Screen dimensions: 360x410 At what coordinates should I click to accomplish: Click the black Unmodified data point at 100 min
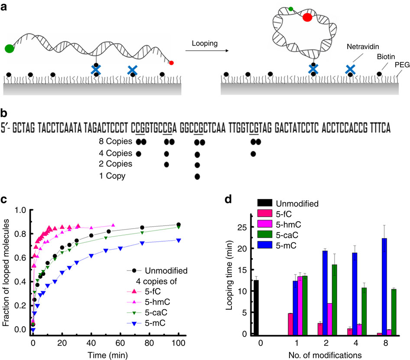[x=179, y=225]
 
